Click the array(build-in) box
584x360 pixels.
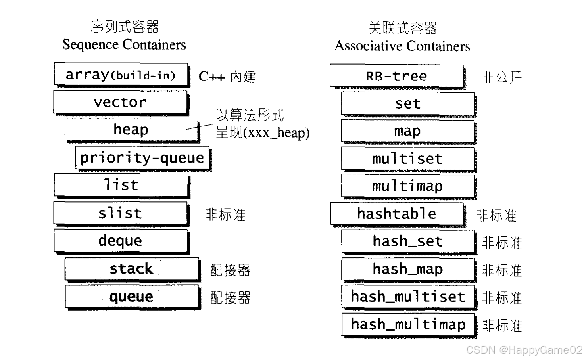[x=121, y=74]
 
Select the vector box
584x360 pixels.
[x=120, y=102]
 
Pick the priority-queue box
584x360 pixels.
[x=142, y=158]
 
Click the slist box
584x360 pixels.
[x=120, y=213]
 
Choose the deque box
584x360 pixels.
[x=120, y=241]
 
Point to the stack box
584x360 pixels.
[x=131, y=269]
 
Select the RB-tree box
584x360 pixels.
[x=396, y=76]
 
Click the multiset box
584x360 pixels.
[x=407, y=159]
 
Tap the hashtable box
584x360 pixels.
[x=396, y=214]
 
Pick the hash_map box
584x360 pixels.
[x=407, y=269]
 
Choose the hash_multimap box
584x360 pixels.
[x=408, y=325]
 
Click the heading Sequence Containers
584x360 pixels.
[x=124, y=44]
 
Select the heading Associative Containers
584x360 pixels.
[x=402, y=46]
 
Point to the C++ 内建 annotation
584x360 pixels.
[x=227, y=77]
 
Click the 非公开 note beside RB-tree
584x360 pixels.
[x=501, y=77]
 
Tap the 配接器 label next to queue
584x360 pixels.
[x=230, y=298]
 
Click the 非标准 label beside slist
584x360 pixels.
[x=225, y=215]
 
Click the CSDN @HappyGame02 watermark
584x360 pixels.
[x=524, y=350]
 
